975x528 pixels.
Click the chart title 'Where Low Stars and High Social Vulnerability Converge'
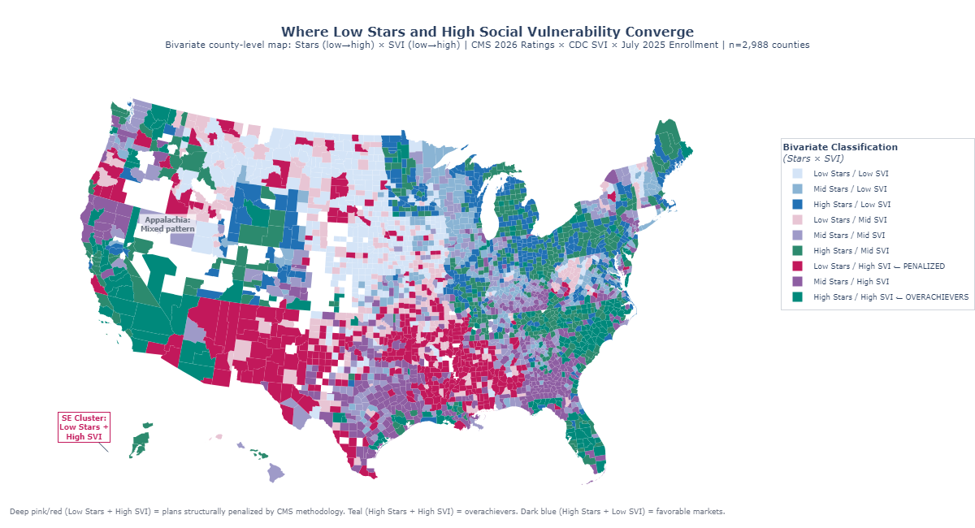487,32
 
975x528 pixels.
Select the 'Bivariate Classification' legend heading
839,147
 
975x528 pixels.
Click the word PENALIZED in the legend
922,266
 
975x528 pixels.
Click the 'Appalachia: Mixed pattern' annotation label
167,224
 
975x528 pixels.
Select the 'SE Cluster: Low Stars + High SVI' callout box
83,427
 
